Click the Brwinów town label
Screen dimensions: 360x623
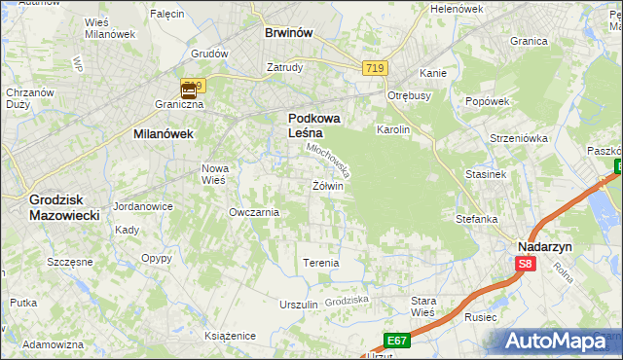pos(288,32)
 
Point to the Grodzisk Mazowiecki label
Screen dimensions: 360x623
pos(64,206)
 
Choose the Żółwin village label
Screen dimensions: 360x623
pos(328,186)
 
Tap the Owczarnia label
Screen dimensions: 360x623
pos(253,212)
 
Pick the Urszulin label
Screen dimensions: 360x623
pos(299,305)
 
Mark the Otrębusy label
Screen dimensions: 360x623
pos(409,95)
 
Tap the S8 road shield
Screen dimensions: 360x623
pos(526,264)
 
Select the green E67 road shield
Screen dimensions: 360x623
pos(395,340)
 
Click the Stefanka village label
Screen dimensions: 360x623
pos(477,219)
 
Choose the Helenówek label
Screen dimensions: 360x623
pos(457,9)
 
